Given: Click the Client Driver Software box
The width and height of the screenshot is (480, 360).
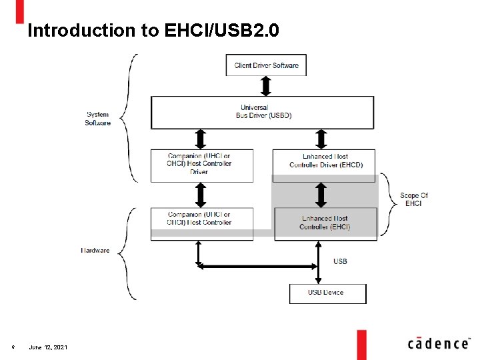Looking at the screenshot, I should point(266,65).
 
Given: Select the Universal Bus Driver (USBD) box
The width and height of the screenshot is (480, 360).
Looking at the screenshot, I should point(262,112).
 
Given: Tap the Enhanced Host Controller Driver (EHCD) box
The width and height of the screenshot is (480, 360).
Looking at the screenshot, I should point(324,161).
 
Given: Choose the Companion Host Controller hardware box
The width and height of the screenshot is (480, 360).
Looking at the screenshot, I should point(201,219).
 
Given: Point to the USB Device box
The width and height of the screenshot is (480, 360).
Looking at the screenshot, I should point(327,293).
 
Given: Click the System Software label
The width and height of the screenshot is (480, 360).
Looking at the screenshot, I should point(97,119).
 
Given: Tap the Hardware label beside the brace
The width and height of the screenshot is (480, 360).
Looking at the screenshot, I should point(95,251).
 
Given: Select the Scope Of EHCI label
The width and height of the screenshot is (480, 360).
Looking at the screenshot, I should point(413,199).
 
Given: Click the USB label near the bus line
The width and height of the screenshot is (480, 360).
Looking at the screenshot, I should point(340,261).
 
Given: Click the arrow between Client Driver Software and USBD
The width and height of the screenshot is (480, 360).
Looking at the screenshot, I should point(266,86).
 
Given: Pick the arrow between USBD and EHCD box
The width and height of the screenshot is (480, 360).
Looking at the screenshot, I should point(321,139).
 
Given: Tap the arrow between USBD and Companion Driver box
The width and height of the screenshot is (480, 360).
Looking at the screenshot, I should point(200,139).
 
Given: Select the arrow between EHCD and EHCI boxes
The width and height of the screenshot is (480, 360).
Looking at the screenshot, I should point(321,195).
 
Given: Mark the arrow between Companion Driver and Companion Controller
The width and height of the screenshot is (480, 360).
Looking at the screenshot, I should point(200,195).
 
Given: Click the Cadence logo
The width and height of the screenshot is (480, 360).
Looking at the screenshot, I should point(438,343).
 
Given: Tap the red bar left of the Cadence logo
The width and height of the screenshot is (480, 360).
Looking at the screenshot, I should point(361,344).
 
